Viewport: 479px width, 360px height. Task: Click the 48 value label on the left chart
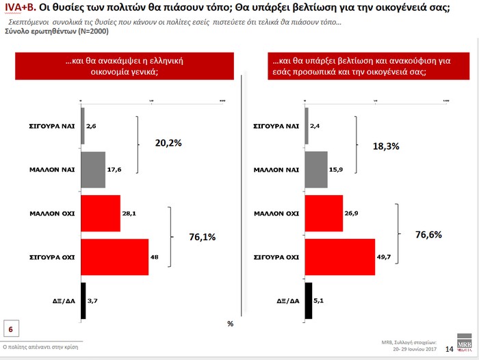[155, 257]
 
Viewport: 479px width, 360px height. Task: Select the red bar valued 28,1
[101, 213]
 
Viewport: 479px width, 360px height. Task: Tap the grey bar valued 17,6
[93, 169]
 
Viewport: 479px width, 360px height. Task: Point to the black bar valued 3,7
[83, 300]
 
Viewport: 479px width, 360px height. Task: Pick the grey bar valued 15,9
[316, 169]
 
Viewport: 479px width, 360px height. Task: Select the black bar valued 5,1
[308, 300]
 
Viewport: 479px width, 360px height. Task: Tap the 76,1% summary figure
[202, 237]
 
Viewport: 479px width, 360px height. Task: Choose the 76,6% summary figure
[428, 235]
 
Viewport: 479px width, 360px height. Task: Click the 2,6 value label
[92, 126]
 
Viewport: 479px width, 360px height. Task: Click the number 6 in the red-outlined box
[11, 329]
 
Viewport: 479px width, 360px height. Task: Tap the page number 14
[450, 349]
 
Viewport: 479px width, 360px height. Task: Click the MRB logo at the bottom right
[465, 346]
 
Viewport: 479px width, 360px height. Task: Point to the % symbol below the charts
[231, 323]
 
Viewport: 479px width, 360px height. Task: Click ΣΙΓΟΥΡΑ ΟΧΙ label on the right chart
[276, 257]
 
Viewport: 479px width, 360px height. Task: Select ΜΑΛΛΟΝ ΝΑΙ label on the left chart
[52, 170]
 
